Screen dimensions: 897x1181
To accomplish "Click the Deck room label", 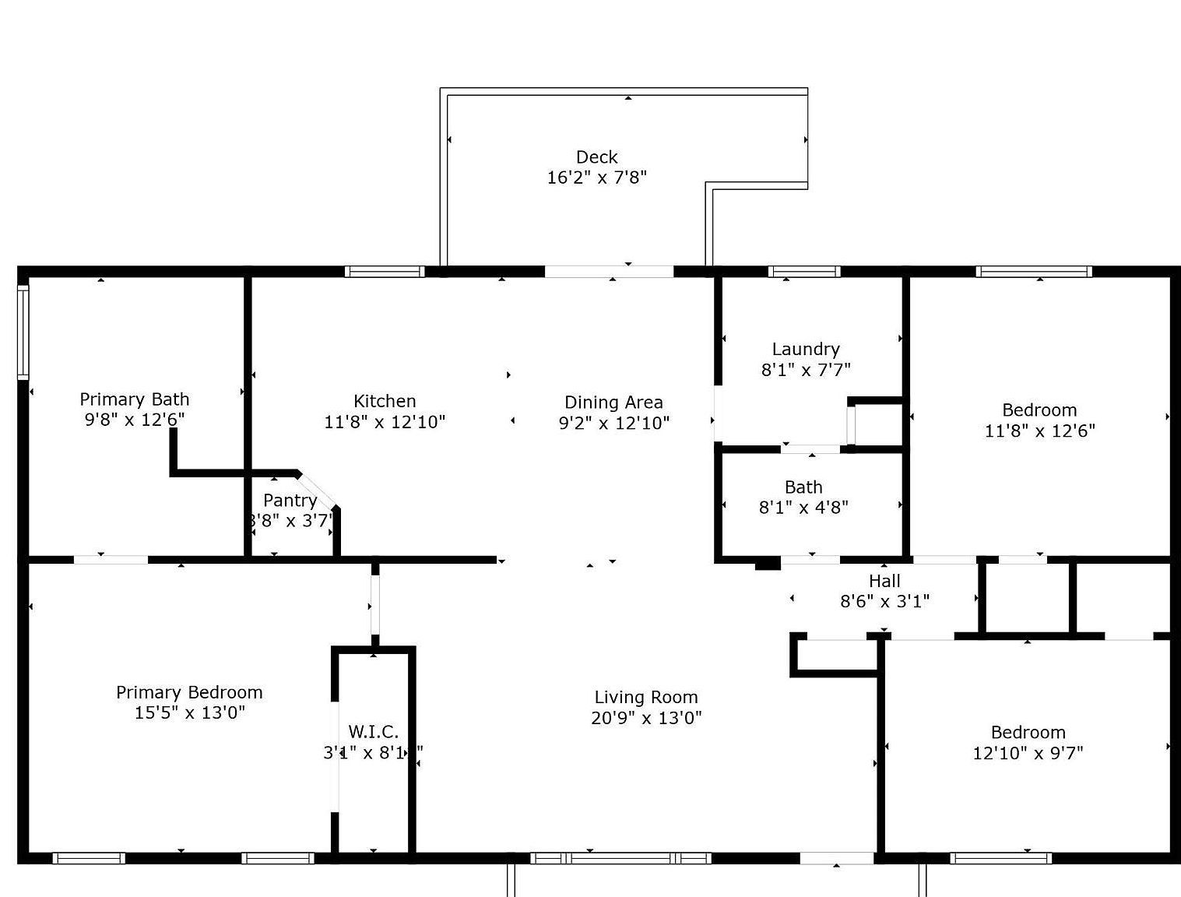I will tap(596, 157).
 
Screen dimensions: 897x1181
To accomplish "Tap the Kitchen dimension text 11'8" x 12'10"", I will tap(385, 422).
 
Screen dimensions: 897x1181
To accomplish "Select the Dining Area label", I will tap(613, 403).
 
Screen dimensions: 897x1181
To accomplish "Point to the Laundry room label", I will tap(806, 349).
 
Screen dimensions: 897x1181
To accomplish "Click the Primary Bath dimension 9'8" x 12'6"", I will tap(135, 420).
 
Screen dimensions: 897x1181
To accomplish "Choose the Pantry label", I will tap(290, 501).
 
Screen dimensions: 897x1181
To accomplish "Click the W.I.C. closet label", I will tap(373, 732).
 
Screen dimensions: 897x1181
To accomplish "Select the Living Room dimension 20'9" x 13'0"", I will tap(646, 718).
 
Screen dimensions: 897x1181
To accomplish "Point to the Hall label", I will tap(884, 581).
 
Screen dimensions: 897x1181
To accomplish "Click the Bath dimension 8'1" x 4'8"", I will tap(803, 508).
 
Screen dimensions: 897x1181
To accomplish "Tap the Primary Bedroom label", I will tap(189, 692).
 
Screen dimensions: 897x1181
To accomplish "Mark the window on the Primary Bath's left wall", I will tap(23, 332).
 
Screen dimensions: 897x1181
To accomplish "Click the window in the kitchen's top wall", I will tap(385, 272).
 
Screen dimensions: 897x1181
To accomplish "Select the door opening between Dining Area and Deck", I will tap(609, 272).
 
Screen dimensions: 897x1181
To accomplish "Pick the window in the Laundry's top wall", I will tap(804, 272).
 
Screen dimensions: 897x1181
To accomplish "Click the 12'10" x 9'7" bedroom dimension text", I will tap(1028, 753).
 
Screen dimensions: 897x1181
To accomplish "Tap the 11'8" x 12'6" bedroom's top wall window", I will tap(1034, 272).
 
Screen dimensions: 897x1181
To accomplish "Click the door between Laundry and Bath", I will tap(810, 449).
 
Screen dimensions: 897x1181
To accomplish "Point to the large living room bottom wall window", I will tap(620, 858).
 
